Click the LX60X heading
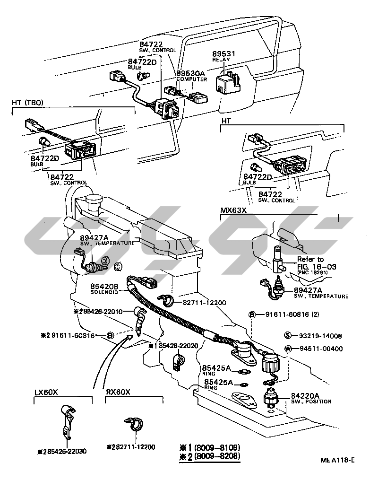pos(46,392)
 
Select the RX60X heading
pos(118,392)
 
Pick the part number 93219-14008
pos(319,336)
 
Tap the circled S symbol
pos(287,336)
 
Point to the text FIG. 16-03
pos(317,267)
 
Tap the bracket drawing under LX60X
pos(68,419)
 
